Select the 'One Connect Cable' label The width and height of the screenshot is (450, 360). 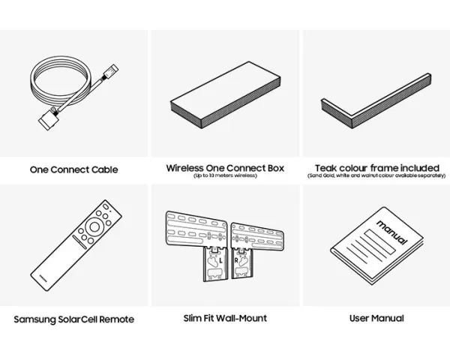(73, 170)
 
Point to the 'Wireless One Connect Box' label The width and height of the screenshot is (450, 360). (225, 168)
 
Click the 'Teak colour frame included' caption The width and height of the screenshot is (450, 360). (376, 168)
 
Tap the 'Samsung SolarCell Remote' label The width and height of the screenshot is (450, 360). (73, 319)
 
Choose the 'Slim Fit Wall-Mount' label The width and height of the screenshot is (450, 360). (225, 318)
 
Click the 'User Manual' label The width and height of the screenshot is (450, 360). (376, 318)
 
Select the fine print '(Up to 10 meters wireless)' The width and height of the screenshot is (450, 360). (225, 176)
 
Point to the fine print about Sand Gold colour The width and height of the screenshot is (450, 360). (376, 175)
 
